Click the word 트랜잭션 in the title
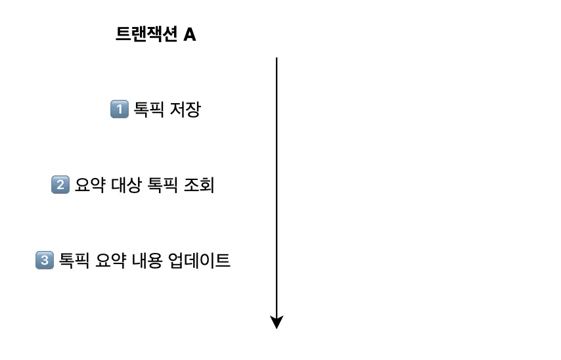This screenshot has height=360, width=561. [x=146, y=35]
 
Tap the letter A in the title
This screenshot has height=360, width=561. [x=189, y=35]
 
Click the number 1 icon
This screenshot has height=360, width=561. [x=118, y=109]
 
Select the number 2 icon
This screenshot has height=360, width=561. [x=60, y=185]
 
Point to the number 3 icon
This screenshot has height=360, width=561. [x=44, y=261]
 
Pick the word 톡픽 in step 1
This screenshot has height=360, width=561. [x=149, y=109]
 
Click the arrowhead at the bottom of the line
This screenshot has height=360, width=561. [x=277, y=322]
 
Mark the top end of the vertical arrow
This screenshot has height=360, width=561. [x=277, y=59]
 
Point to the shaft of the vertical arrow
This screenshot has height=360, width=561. [x=277, y=191]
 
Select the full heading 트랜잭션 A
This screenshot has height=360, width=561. [x=156, y=35]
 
